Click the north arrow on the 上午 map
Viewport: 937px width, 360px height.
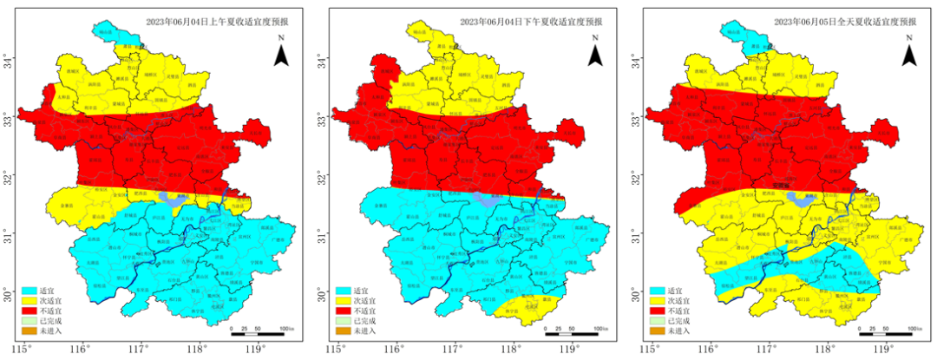click(281, 54)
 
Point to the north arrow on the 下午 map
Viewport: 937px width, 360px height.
click(595, 54)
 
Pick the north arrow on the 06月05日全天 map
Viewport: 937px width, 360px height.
click(908, 54)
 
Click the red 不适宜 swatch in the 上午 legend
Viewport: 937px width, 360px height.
click(29, 310)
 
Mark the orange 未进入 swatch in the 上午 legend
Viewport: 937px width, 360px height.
click(29, 331)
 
